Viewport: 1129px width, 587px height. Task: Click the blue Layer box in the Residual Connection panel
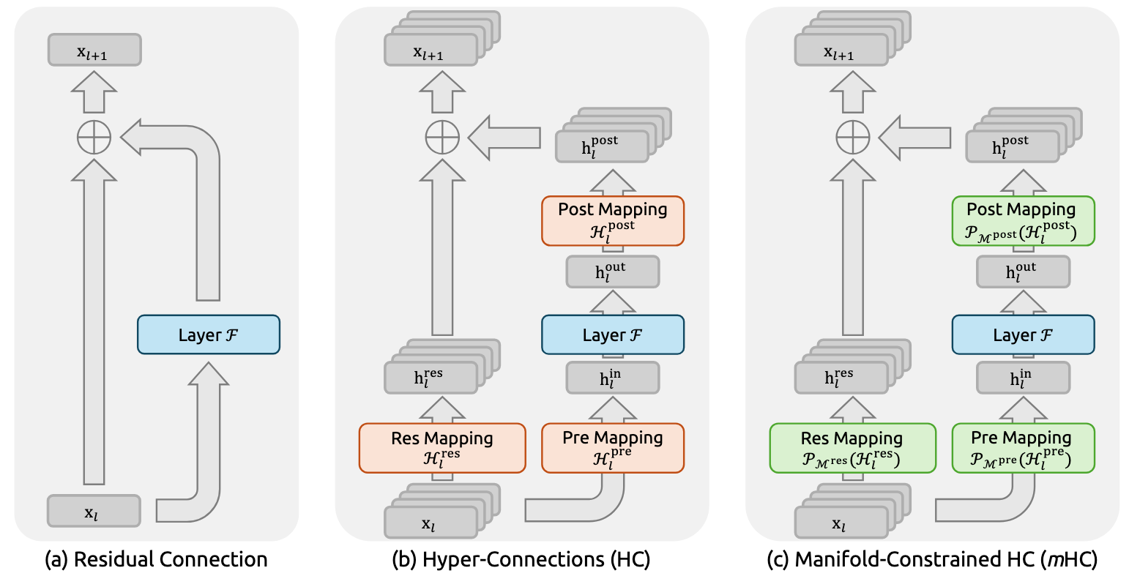(209, 334)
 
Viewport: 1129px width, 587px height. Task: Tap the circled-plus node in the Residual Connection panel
(94, 137)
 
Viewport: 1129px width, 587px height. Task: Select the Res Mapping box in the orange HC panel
(442, 447)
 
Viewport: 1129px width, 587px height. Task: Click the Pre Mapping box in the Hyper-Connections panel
(613, 447)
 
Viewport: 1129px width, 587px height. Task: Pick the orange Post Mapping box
(613, 220)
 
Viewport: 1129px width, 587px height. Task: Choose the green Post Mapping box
(1023, 220)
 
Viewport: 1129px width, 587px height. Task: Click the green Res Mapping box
(852, 447)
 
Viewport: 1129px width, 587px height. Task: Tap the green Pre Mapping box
(1023, 447)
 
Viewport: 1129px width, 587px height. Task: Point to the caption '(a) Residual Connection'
(156, 560)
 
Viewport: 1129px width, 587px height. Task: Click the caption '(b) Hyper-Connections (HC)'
(521, 560)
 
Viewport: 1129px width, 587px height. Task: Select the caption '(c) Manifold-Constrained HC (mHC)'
(931, 560)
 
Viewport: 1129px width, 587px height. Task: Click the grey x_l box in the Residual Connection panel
(93, 511)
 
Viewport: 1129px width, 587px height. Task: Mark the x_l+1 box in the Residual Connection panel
(94, 51)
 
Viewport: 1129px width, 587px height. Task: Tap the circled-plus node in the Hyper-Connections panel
(442, 137)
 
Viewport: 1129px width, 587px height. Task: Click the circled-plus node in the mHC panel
(852, 137)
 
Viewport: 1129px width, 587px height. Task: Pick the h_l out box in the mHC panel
(1023, 272)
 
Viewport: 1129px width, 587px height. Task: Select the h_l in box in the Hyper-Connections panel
(613, 378)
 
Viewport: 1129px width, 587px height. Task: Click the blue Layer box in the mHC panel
(1023, 334)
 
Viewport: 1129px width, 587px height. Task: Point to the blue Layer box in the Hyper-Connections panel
(613, 334)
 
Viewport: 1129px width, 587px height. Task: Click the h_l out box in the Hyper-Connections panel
(613, 272)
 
